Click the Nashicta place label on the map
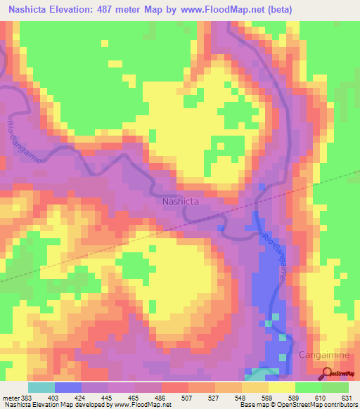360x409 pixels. [181, 201]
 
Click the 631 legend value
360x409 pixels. [349, 398]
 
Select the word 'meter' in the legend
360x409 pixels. [10, 398]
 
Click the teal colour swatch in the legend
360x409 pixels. [41, 387]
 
